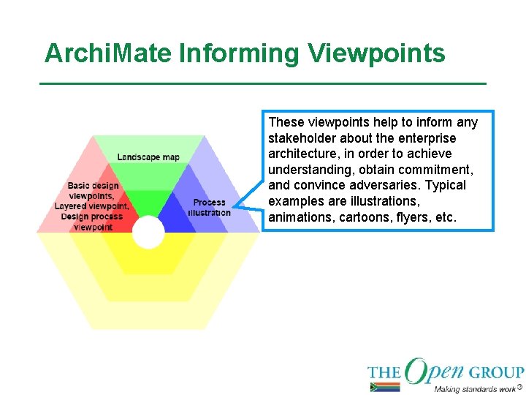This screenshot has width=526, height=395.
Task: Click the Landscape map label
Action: pyautogui.click(x=148, y=157)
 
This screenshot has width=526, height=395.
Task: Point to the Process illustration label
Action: pyautogui.click(x=209, y=208)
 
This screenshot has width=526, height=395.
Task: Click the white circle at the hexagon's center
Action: pyautogui.click(x=148, y=233)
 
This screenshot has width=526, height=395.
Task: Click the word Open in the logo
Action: pyautogui.click(x=434, y=372)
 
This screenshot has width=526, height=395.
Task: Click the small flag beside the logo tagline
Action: pyautogui.click(x=385, y=388)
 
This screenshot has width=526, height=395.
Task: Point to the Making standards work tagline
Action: pyautogui.click(x=474, y=388)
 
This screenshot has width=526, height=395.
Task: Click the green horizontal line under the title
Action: pyautogui.click(x=263, y=84)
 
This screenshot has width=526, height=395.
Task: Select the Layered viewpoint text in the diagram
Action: pyautogui.click(x=91, y=206)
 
